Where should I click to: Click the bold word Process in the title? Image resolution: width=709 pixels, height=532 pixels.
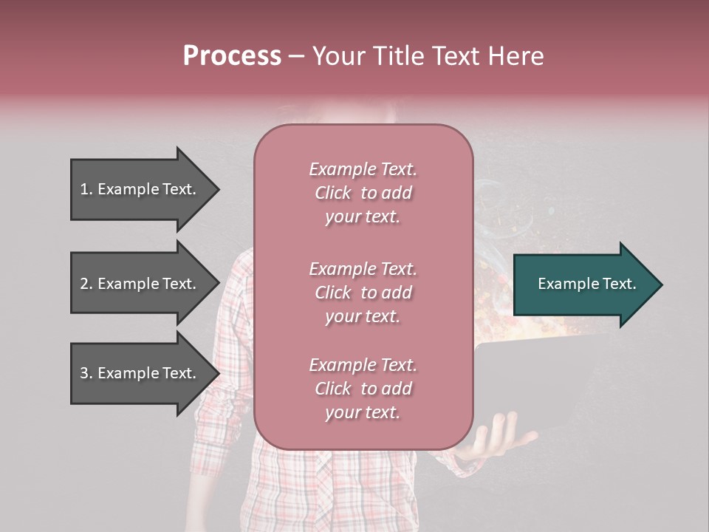click(232, 56)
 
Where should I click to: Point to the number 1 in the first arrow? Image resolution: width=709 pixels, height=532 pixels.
click(84, 189)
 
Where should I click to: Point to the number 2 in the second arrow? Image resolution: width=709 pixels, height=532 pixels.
click(84, 284)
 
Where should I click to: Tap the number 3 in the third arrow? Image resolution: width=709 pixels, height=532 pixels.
click(84, 373)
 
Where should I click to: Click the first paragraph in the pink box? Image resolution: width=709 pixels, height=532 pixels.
click(363, 193)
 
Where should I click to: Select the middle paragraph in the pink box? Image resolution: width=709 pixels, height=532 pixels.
click(363, 293)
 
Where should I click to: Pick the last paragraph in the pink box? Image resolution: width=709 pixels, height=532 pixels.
click(363, 389)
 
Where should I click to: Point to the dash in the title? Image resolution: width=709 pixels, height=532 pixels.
click(297, 57)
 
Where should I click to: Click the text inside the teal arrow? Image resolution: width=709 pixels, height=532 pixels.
click(586, 284)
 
